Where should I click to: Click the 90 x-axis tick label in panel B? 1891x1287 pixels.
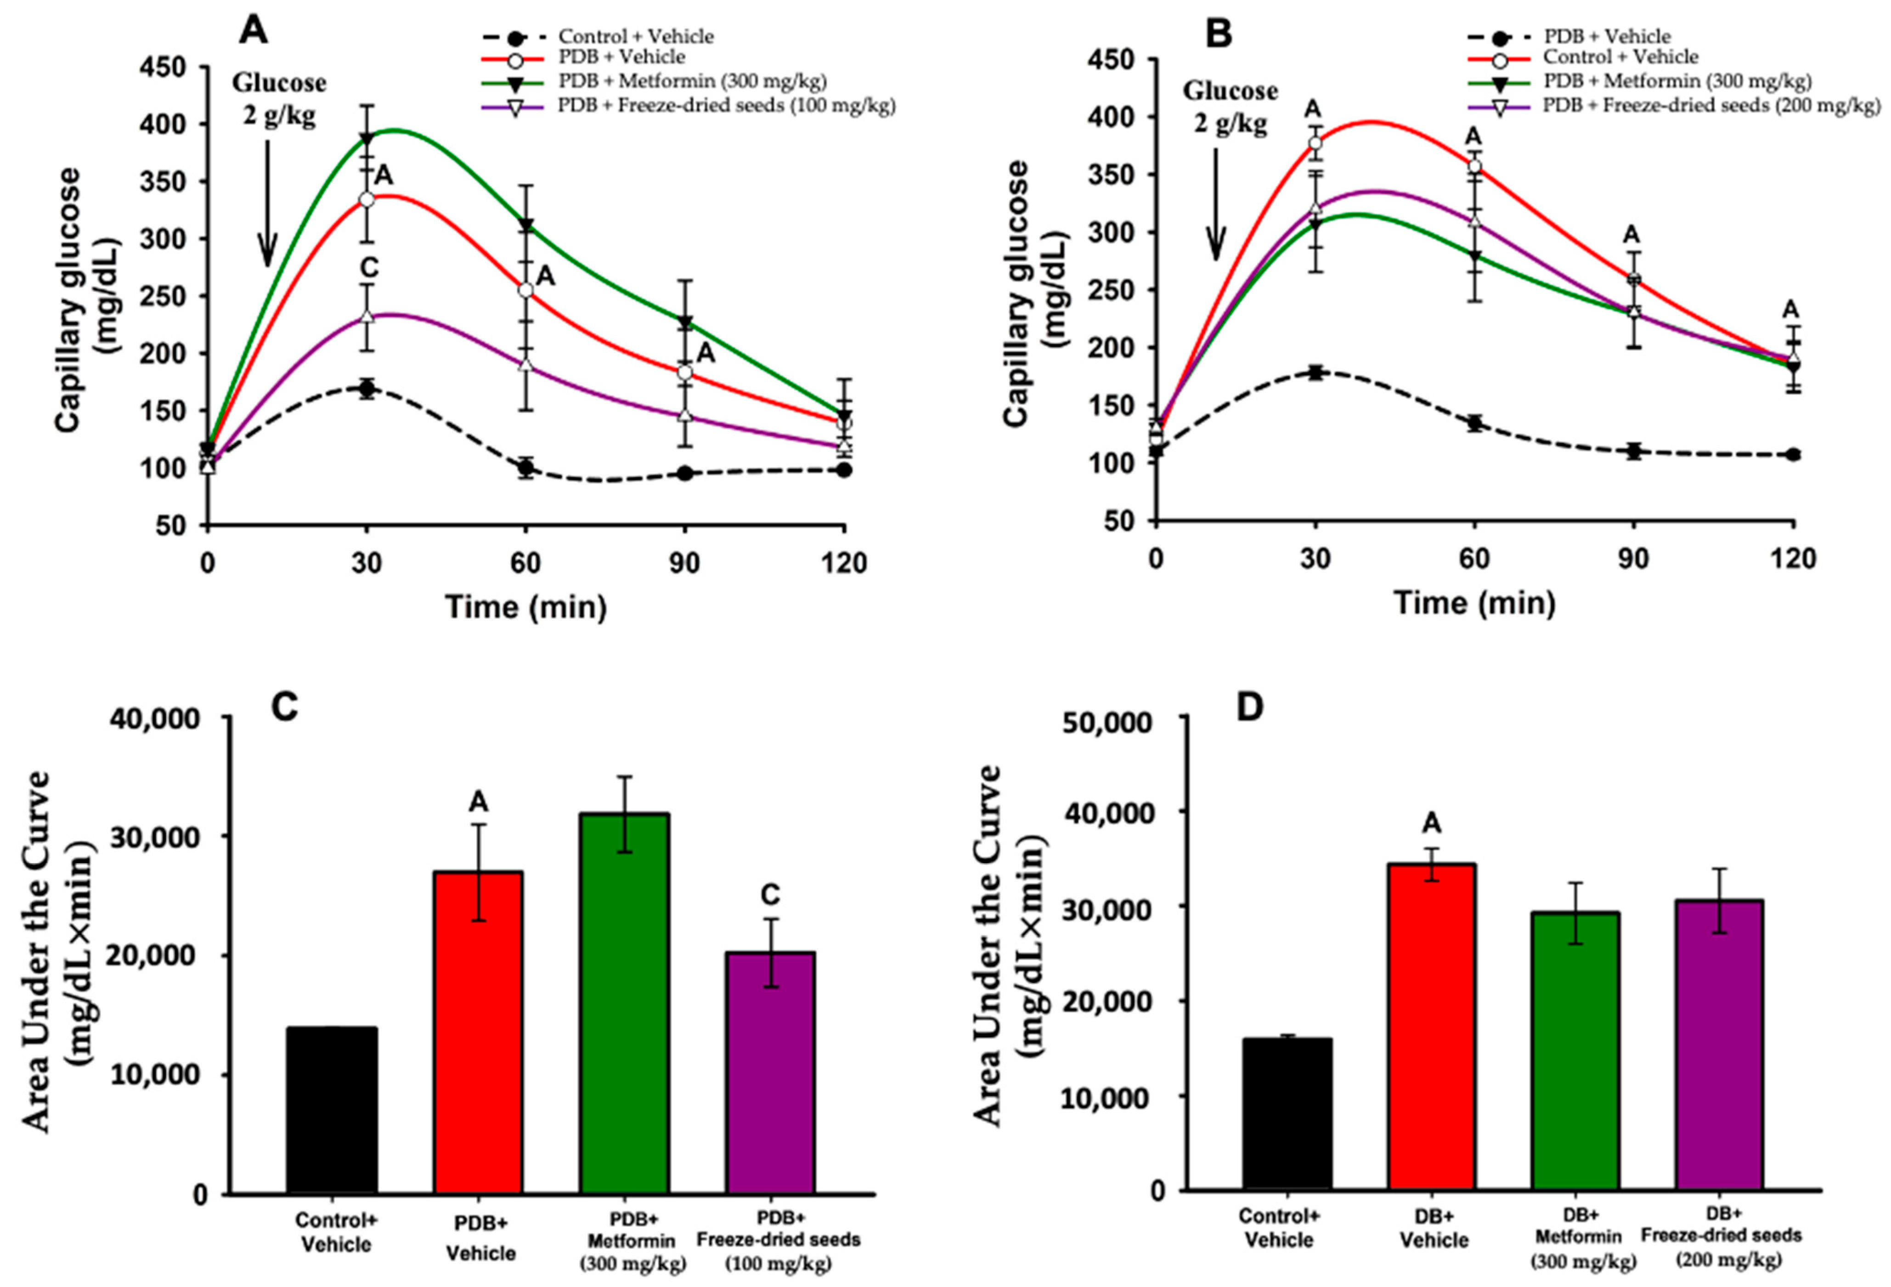tap(1633, 559)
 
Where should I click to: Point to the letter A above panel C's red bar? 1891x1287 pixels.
tap(479, 802)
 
